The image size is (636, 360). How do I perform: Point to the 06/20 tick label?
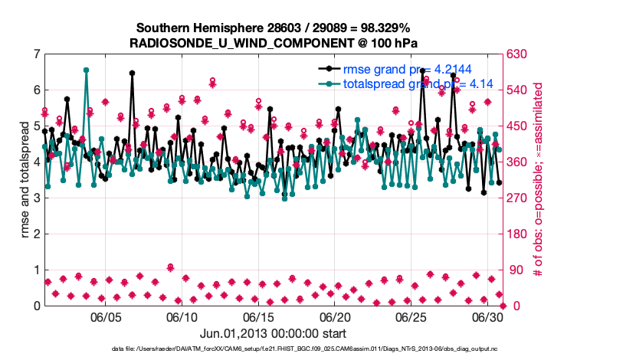coord(334,317)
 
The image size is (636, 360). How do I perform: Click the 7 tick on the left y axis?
coord(36,54)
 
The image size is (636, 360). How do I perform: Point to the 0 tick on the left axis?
coord(36,306)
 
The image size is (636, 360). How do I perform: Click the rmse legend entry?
coord(398,69)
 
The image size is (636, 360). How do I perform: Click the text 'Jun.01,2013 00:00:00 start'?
coord(273,333)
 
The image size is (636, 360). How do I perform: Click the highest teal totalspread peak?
coord(86,70)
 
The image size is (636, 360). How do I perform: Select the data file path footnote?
coord(318,349)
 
